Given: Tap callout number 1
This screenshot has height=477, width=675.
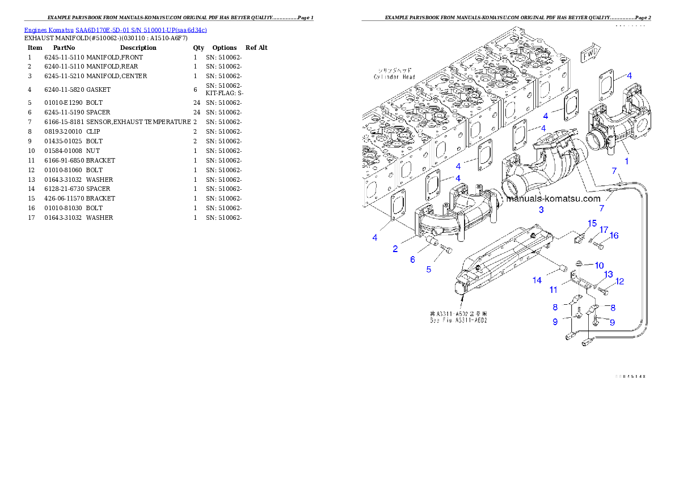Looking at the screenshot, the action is pos(626,161).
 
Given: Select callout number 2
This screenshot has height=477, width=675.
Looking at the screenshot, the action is pos(394,249).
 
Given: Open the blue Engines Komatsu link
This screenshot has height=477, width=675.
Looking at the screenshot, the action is pos(115,29).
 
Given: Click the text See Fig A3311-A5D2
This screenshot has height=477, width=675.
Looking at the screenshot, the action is pos(459,321).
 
